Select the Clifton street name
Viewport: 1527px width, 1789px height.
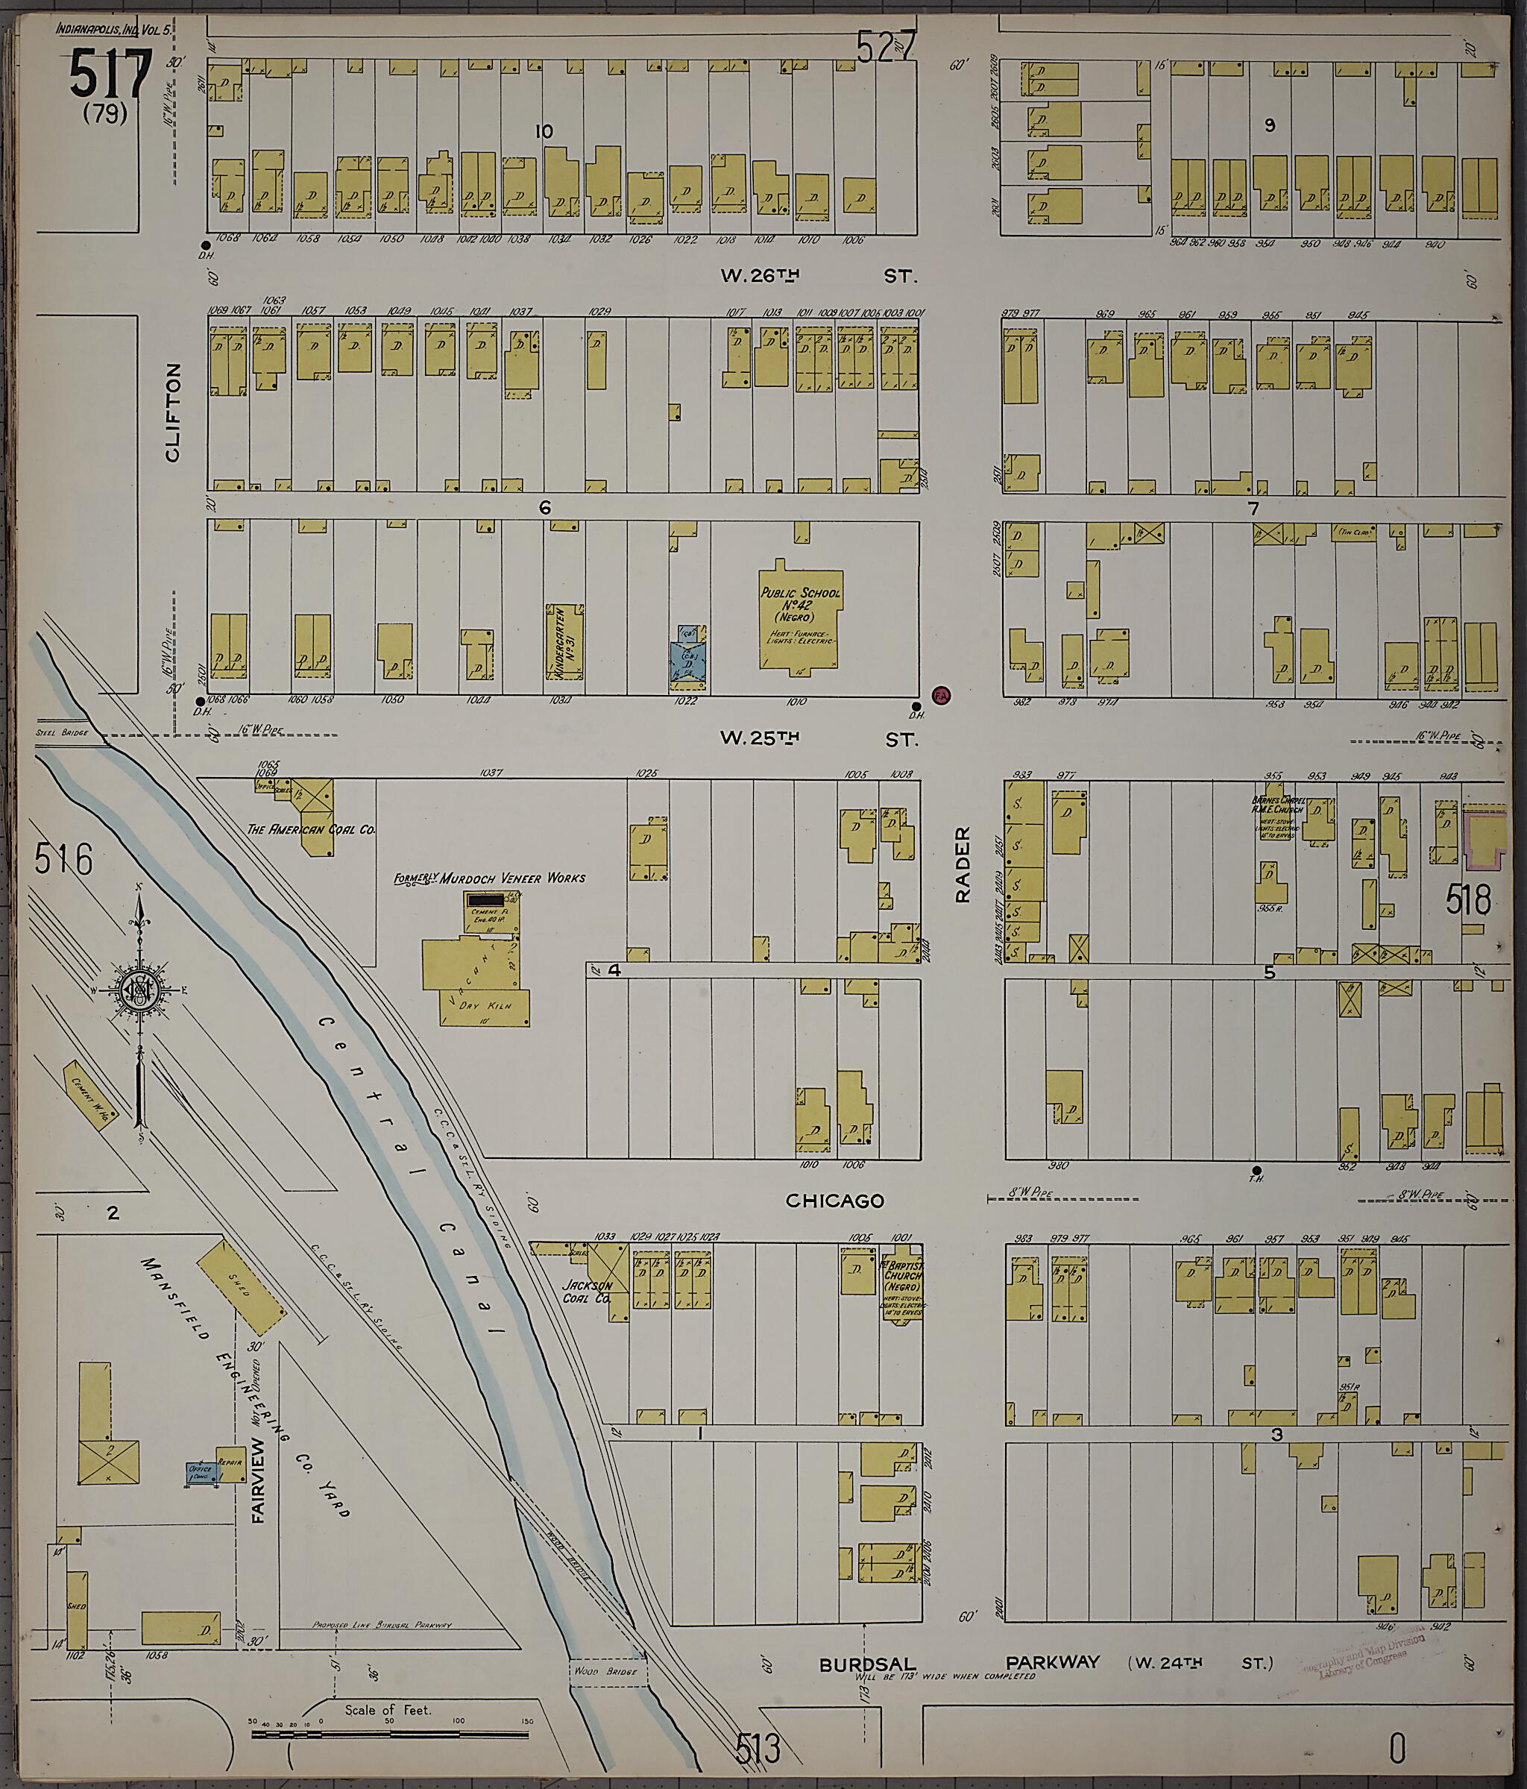point(173,412)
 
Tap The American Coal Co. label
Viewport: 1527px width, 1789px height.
point(311,829)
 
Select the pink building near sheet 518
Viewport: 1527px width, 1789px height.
point(1484,837)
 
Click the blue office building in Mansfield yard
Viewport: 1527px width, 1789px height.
point(201,1472)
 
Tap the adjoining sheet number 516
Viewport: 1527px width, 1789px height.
point(64,859)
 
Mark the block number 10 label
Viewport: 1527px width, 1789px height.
point(543,132)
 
